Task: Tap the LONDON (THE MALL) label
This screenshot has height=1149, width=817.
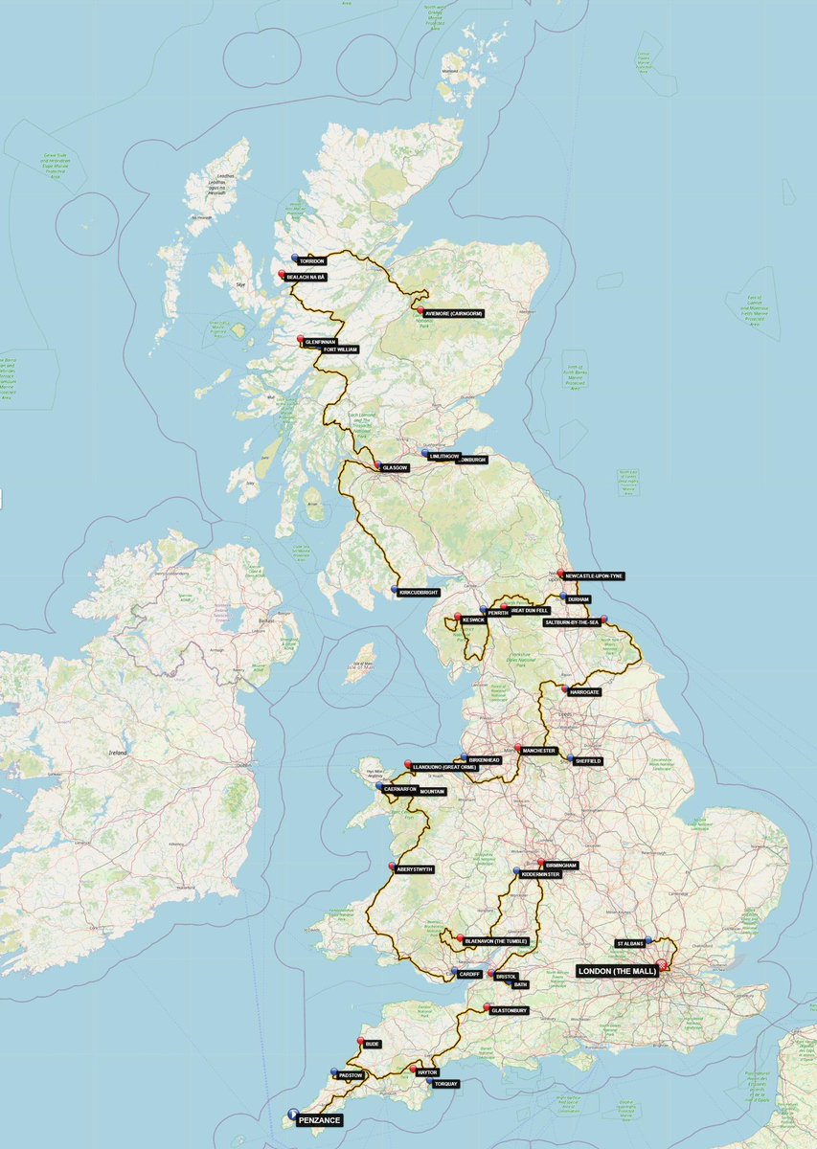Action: click(617, 971)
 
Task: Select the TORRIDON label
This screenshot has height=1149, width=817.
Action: click(312, 260)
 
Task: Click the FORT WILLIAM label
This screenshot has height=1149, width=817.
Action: click(340, 350)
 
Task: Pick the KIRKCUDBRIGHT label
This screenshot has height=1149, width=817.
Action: click(420, 594)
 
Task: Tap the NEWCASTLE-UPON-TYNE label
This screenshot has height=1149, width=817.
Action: click(600, 576)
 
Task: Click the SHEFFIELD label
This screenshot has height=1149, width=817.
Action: click(587, 761)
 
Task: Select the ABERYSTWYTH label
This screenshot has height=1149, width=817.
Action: click(416, 869)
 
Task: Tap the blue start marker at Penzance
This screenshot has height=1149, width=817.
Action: click(291, 1114)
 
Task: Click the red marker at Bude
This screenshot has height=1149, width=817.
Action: click(360, 1041)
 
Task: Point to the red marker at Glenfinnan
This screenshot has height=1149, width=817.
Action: click(301, 338)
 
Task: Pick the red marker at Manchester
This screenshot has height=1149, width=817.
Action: click(518, 748)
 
